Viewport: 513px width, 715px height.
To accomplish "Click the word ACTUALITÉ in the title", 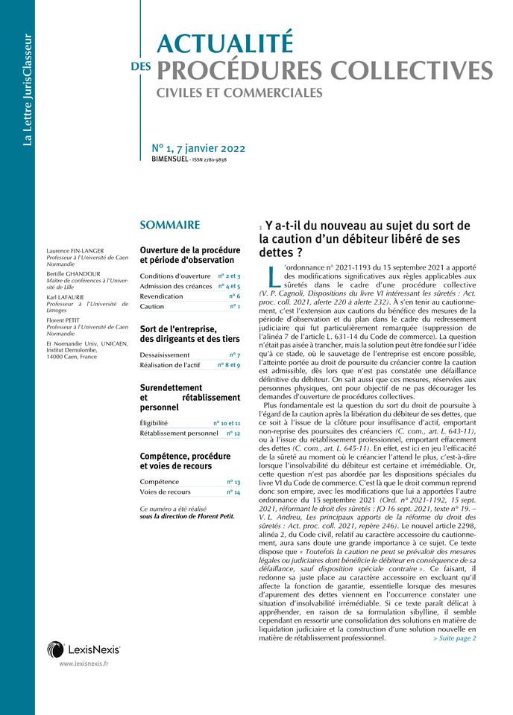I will click(225, 43).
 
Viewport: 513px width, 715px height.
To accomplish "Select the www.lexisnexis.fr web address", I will click(84, 663).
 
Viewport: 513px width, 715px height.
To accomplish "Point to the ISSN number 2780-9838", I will click(212, 160).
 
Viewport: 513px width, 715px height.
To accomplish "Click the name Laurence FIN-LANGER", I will click(75, 251).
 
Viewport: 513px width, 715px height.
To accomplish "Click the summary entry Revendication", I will click(162, 296).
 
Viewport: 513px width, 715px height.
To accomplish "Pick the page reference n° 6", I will click(234, 296).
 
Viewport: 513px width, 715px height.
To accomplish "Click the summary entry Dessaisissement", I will click(168, 355).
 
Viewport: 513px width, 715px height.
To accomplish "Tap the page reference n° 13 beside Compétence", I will click(233, 482).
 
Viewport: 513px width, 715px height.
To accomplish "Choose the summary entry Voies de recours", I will click(166, 492).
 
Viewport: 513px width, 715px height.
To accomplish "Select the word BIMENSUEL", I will click(169, 160).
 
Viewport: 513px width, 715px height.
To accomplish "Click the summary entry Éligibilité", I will click(154, 423).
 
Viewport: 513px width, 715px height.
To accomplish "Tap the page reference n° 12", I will click(233, 433).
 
